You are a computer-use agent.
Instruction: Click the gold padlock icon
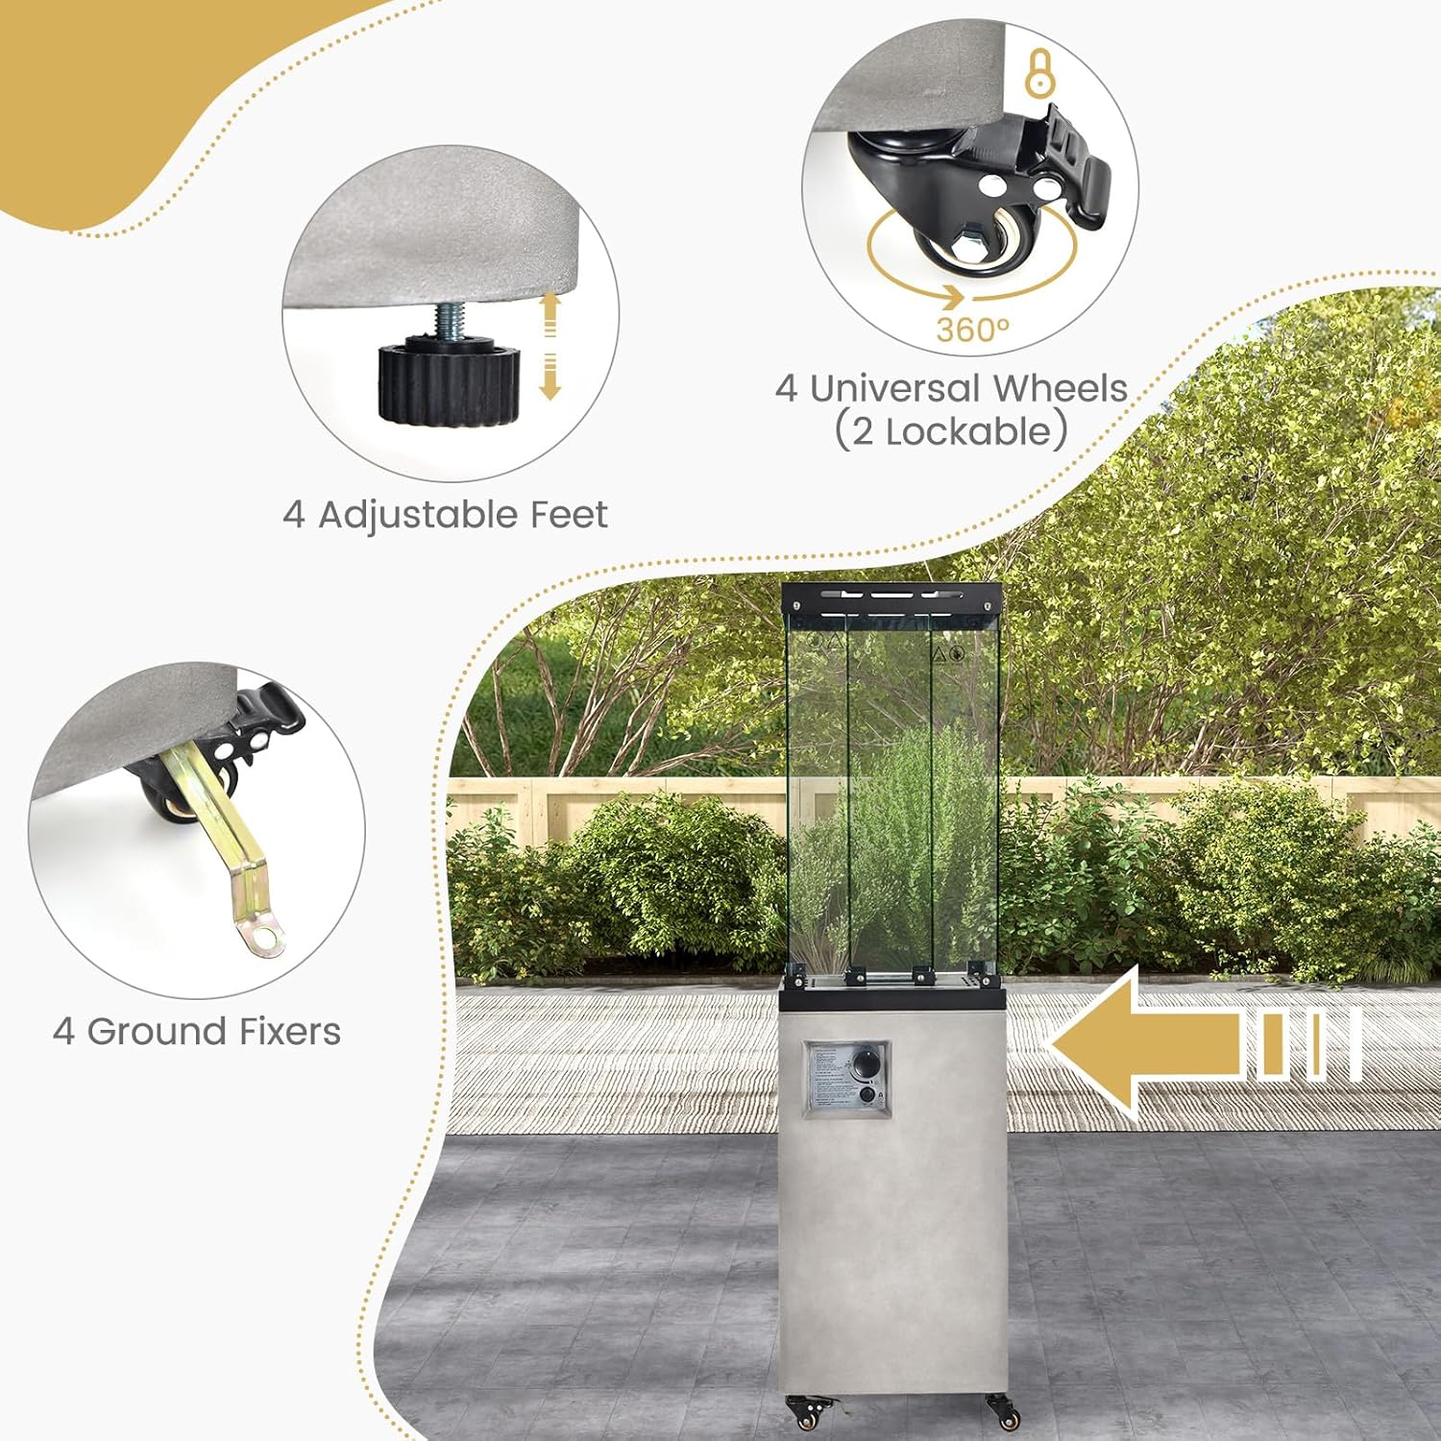tap(1039, 71)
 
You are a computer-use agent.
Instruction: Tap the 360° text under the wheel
tap(972, 330)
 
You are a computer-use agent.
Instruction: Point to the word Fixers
tap(289, 1032)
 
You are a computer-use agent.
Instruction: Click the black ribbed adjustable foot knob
tap(448, 380)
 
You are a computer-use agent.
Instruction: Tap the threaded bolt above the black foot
tap(449, 319)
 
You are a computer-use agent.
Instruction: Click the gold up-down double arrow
tap(550, 346)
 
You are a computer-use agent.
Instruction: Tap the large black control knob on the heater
tap(867, 1064)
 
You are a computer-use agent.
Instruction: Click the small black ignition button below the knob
tap(867, 1094)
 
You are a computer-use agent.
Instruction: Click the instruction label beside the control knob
tap(827, 1077)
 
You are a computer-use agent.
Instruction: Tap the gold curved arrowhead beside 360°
tap(950, 296)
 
